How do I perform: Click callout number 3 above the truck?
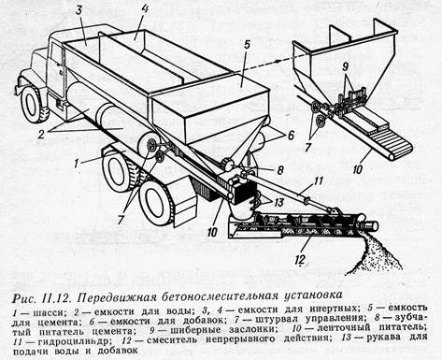tap(78, 10)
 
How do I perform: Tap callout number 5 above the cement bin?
tap(247, 44)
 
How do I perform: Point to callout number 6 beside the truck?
tap(290, 136)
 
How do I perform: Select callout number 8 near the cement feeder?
tap(280, 170)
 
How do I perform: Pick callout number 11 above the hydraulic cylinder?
tap(318, 181)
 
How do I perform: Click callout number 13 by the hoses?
tap(278, 202)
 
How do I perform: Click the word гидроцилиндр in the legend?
tap(73, 341)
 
